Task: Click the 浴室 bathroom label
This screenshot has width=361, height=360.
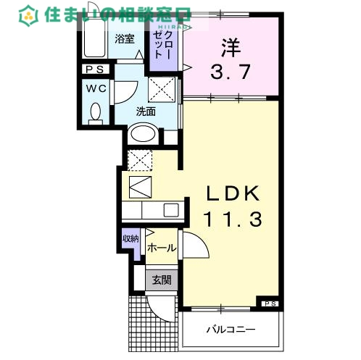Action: [124, 39]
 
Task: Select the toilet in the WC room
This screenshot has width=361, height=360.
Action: [95, 112]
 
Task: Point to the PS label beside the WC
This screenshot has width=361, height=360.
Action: [95, 70]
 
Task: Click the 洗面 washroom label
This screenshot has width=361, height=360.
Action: [146, 112]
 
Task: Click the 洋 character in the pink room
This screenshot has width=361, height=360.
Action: [231, 47]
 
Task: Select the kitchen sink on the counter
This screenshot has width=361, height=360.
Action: [171, 210]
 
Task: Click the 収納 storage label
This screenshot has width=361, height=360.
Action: [130, 239]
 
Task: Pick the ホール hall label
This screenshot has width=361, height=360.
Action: [161, 248]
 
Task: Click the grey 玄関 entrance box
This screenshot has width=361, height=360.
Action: [161, 280]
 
